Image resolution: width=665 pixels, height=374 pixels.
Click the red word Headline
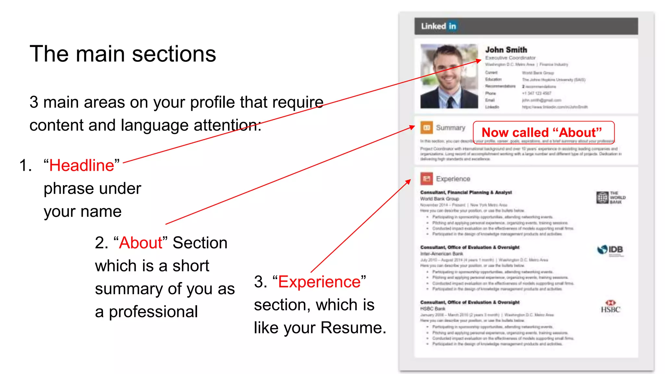pyautogui.click(x=82, y=166)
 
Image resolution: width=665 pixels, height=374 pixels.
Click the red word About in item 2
pyautogui.click(x=141, y=243)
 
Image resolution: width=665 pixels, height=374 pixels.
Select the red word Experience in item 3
pyautogui.click(x=320, y=282)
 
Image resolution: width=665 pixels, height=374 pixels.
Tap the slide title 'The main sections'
pyautogui.click(x=123, y=54)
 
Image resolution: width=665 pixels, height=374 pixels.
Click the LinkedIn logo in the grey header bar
pyautogui.click(x=438, y=26)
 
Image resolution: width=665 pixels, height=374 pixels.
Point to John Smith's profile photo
pyautogui.click(x=449, y=76)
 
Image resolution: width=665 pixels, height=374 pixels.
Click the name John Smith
pyautogui.click(x=506, y=50)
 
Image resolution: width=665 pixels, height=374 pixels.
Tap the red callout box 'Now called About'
pyautogui.click(x=544, y=132)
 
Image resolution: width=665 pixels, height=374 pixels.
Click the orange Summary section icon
pyautogui.click(x=426, y=128)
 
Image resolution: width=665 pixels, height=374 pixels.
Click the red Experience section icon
pyautogui.click(x=426, y=179)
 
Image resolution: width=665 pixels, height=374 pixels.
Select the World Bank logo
pyautogui.click(x=610, y=197)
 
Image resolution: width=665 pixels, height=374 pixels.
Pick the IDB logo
pyautogui.click(x=610, y=250)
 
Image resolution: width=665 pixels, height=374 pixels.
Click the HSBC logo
pyautogui.click(x=610, y=307)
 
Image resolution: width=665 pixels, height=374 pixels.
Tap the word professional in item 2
pyautogui.click(x=153, y=312)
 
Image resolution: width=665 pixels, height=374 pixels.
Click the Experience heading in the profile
pyautogui.click(x=453, y=179)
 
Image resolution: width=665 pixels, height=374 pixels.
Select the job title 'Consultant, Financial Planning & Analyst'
pyautogui.click(x=466, y=193)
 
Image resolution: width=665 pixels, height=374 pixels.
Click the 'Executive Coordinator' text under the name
pyautogui.click(x=510, y=58)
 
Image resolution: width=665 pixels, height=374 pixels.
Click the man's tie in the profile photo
pyautogui.click(x=450, y=102)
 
